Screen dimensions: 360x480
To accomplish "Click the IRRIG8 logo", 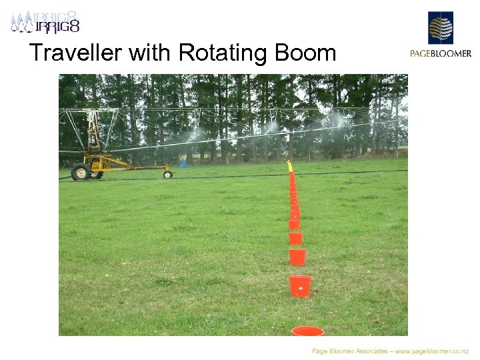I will [45, 22].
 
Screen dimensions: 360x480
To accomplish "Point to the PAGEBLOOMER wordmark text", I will [440, 54].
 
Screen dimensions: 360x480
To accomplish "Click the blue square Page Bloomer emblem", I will [440, 27].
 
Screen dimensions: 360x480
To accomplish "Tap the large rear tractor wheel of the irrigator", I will [81, 171].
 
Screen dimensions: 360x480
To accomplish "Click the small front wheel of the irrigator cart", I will [168, 175].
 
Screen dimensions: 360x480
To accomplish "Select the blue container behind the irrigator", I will [183, 163].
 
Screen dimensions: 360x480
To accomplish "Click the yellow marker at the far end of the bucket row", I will [289, 165].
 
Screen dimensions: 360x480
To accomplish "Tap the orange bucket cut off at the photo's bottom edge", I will [307, 331].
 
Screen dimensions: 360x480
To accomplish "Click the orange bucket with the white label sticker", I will [300, 286].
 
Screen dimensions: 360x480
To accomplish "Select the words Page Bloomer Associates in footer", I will [349, 351].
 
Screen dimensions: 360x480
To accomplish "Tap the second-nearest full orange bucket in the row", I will [297, 257].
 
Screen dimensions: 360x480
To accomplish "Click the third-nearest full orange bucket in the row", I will [295, 238].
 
